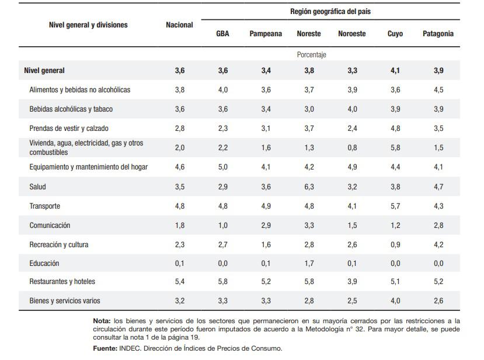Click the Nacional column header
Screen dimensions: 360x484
(179, 25)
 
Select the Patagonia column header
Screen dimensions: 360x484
(438, 34)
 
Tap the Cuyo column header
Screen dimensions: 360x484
(395, 34)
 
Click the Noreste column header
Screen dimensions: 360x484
(309, 34)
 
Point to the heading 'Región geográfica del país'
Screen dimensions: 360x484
(330, 12)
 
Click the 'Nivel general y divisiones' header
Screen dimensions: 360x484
(88, 25)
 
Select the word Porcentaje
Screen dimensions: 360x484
(311, 55)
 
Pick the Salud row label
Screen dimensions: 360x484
(37, 187)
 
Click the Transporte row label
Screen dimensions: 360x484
(44, 206)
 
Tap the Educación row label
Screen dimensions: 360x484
(44, 264)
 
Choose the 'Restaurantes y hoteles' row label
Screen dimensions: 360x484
(62, 282)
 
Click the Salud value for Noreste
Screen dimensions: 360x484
(309, 187)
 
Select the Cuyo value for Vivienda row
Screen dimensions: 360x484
(395, 148)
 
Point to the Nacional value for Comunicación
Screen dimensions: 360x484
(179, 226)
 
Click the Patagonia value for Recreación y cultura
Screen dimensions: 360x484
(438, 245)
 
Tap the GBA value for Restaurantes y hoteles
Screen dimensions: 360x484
(222, 282)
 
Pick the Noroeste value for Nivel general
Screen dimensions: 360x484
(352, 71)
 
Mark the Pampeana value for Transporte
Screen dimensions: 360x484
(266, 206)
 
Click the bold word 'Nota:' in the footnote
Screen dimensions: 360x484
(102, 321)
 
